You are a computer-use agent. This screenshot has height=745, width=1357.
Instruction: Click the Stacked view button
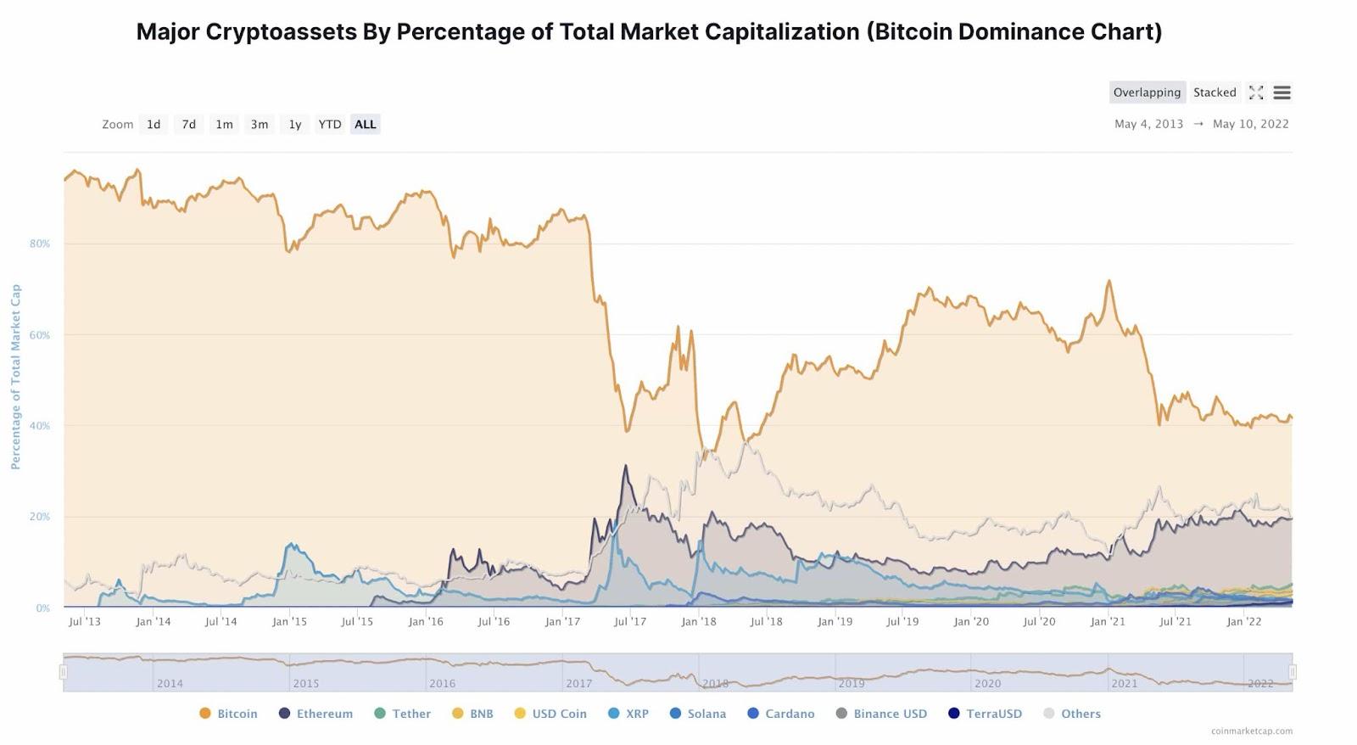click(x=1215, y=92)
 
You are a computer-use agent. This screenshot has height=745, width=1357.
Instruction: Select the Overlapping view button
click(x=1147, y=92)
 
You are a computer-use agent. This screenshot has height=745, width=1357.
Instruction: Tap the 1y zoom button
click(x=295, y=125)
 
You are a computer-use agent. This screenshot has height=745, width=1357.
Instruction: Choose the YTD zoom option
click(x=330, y=125)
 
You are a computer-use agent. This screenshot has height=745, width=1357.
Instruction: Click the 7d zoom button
click(x=188, y=125)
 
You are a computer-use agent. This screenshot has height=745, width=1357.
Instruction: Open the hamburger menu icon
click(x=1282, y=92)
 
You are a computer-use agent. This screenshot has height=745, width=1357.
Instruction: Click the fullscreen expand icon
click(x=1256, y=92)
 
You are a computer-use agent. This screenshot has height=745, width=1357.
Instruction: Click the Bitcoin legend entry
click(x=228, y=714)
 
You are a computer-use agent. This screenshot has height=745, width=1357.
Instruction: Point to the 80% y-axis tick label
click(x=40, y=244)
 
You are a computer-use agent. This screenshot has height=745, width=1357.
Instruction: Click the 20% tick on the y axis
click(x=40, y=517)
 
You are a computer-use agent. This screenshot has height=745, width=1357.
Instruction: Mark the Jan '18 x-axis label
click(x=699, y=622)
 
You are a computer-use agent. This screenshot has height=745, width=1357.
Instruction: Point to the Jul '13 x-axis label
click(x=84, y=622)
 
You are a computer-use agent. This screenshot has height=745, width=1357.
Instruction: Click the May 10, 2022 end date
click(x=1250, y=124)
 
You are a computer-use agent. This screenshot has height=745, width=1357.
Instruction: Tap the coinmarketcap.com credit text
click(x=1252, y=731)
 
